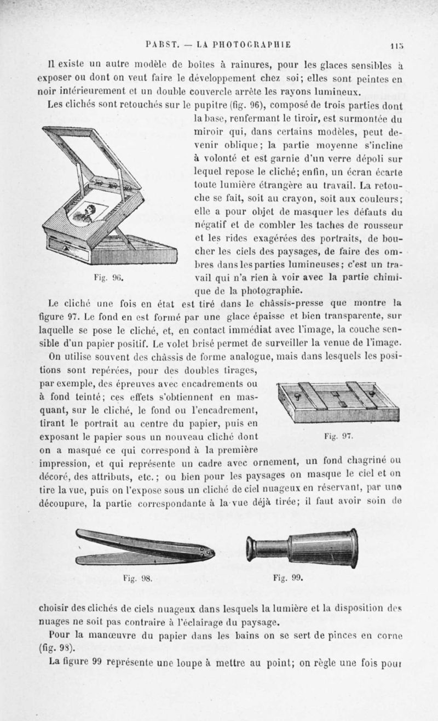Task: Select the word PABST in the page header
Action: [x=157, y=44]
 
